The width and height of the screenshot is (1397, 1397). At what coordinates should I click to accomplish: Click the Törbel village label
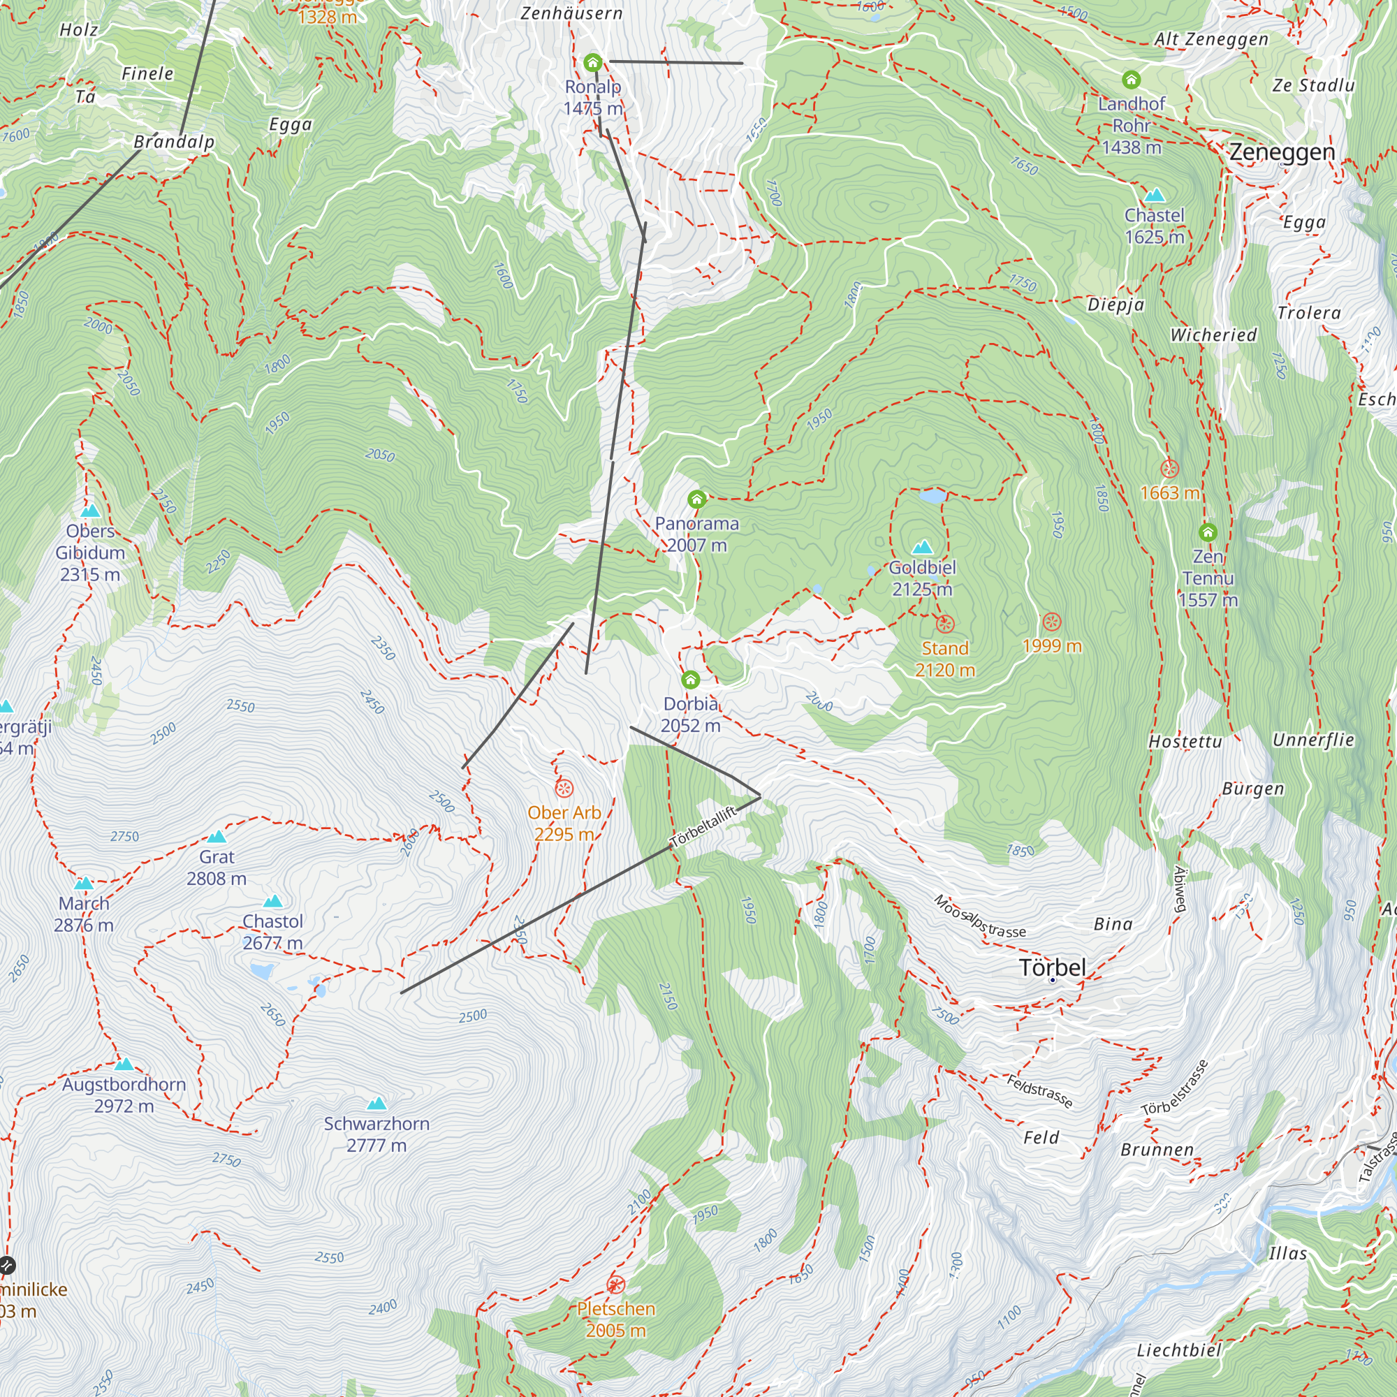pos(1052,967)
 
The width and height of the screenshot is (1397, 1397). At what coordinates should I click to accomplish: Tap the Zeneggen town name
pos(1282,152)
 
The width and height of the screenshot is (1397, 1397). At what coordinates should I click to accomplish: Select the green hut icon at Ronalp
pos(593,63)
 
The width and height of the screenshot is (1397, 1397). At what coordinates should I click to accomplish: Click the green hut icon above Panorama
pos(696,499)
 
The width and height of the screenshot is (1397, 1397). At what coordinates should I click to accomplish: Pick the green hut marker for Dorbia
pos(691,680)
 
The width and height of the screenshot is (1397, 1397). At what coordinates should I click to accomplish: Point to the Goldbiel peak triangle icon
pos(923,547)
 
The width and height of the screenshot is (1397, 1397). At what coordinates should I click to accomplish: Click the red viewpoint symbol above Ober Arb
pos(564,788)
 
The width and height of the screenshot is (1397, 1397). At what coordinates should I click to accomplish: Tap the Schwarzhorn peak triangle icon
pos(376,1104)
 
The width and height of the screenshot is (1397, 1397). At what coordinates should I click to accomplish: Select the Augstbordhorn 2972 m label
pos(124,1095)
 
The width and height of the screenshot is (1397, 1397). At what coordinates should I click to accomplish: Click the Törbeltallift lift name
pos(703,826)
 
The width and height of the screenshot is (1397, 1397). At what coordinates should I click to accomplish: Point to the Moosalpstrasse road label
pos(979,917)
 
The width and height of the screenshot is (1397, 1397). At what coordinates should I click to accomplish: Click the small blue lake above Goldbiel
pos(932,497)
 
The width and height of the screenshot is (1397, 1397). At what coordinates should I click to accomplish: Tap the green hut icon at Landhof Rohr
pos(1131,80)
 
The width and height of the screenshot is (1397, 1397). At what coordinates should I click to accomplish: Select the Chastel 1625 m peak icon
pos(1154,196)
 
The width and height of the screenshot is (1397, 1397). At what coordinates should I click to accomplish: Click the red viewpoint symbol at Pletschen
pos(615,1285)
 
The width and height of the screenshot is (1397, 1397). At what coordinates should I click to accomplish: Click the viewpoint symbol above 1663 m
pos(1169,469)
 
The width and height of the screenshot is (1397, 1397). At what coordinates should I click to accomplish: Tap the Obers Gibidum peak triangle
pos(90,511)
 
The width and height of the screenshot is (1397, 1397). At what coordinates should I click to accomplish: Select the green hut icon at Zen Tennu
pos(1208,533)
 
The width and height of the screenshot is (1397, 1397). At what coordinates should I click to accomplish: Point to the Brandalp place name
pos(174,142)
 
